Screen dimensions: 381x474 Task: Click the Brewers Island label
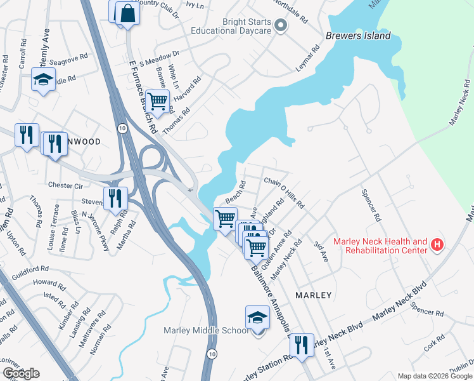pyautogui.click(x=358, y=36)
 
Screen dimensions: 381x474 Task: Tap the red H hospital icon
pyautogui.click(x=436, y=244)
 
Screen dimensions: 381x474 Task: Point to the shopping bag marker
pyautogui.click(x=127, y=13)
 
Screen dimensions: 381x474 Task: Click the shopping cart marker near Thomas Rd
pyautogui.click(x=157, y=100)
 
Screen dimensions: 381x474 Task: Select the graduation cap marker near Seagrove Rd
pyautogui.click(x=43, y=79)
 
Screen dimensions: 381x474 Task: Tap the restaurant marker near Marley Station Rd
pyautogui.click(x=301, y=344)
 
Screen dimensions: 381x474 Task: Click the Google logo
pyautogui.click(x=20, y=373)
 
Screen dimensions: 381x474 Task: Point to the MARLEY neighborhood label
pyautogui.click(x=314, y=295)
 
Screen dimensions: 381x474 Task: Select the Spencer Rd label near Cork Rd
pyautogui.click(x=426, y=311)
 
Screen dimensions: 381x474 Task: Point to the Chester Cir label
pyautogui.click(x=66, y=185)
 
